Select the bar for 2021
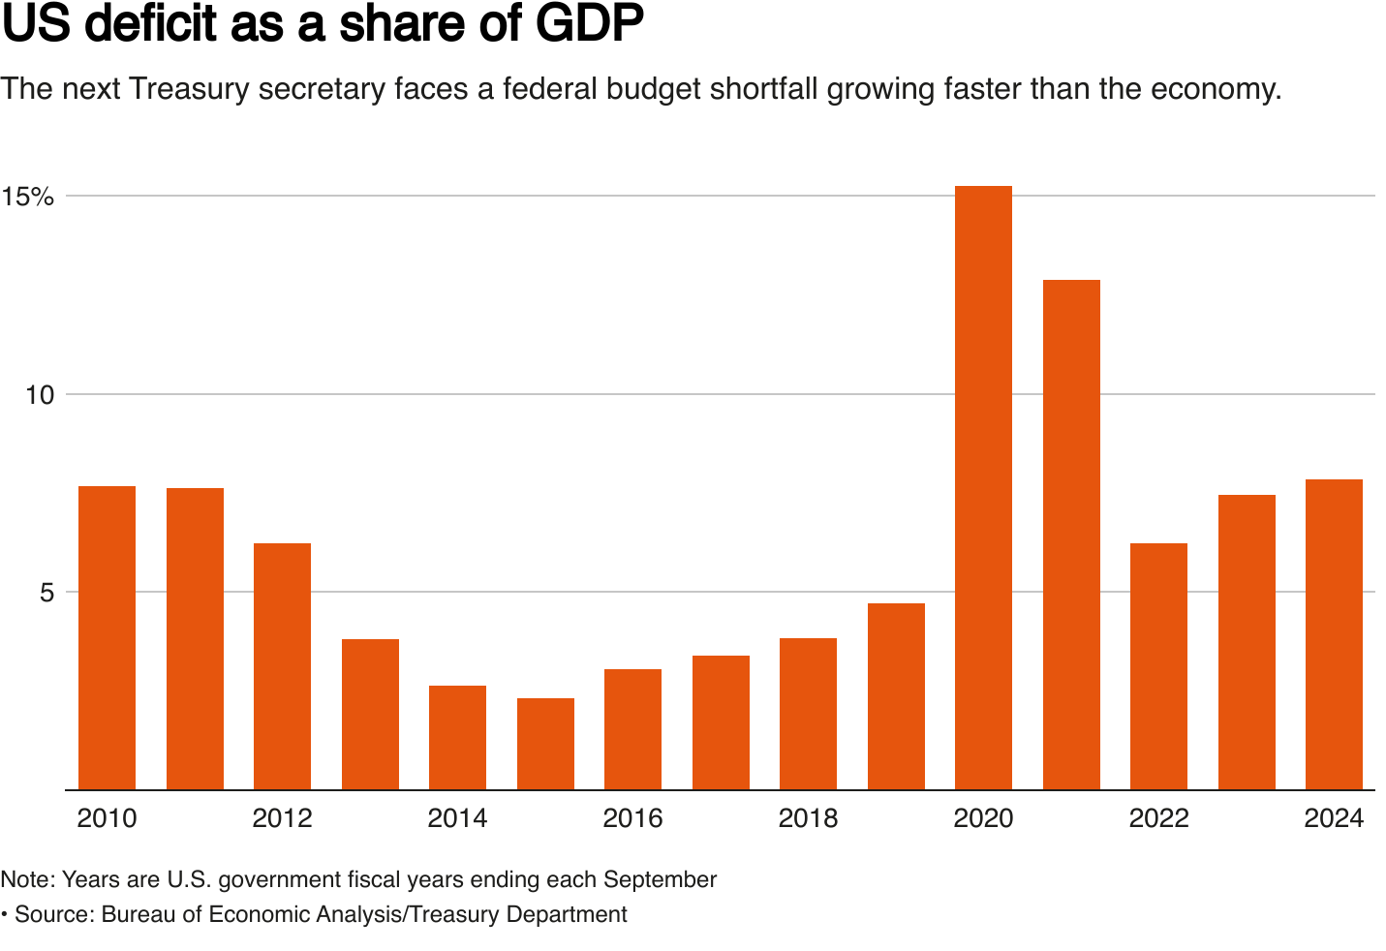click(1071, 535)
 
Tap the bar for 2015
click(545, 744)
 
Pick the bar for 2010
click(107, 637)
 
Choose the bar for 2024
click(1334, 634)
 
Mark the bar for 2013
click(370, 714)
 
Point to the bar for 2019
click(896, 696)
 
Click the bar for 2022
click(1158, 666)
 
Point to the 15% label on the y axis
click(27, 197)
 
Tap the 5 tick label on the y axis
click(46, 593)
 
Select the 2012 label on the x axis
click(282, 819)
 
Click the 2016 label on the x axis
click(632, 819)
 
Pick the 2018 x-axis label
click(808, 819)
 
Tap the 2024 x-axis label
click(1334, 819)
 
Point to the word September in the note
click(660, 879)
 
